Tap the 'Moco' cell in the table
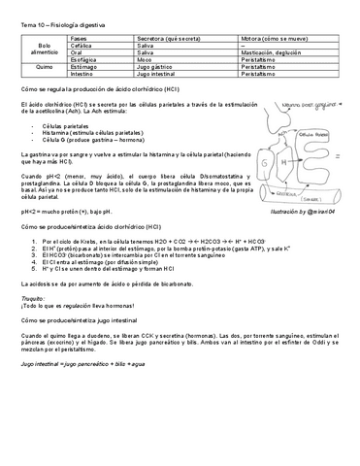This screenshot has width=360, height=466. tap(147, 58)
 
